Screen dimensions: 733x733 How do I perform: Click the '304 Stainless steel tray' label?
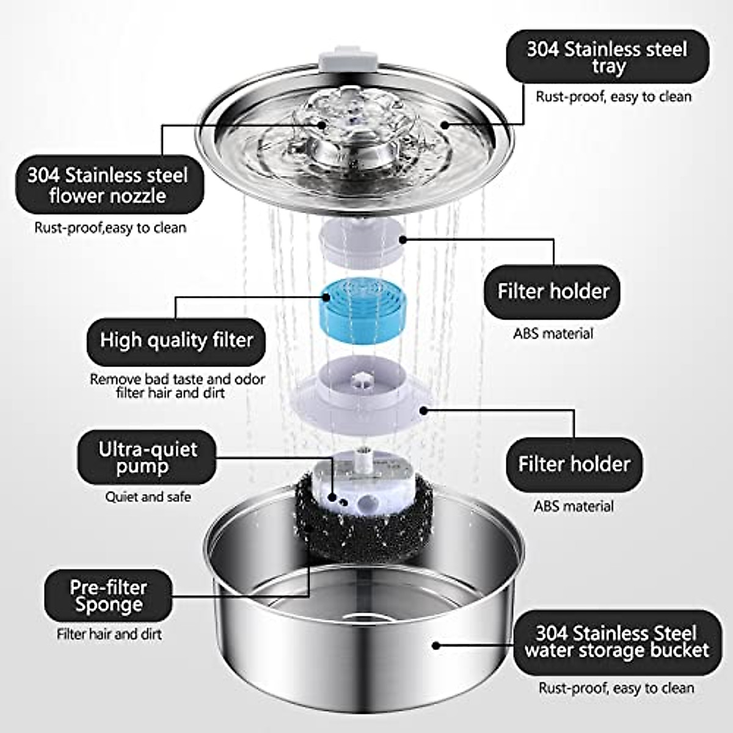coord(607,57)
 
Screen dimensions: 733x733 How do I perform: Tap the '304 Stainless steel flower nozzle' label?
coord(108,186)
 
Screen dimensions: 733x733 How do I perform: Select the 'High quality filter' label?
coord(176,340)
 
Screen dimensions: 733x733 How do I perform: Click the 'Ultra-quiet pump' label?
coord(147,458)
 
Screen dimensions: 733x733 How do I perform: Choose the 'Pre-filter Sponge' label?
coord(108,596)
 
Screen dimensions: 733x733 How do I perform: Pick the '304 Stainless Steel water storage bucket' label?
coord(617,642)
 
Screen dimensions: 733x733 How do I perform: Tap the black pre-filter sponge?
coord(318,525)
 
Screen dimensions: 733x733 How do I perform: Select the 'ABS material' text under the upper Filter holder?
coord(553,334)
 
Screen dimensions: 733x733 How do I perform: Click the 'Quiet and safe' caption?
coord(148,497)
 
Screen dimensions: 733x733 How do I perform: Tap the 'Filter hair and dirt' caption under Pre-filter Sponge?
coord(109,634)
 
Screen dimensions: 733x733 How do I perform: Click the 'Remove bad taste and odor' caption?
coord(177,379)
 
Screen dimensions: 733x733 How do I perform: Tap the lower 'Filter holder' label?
coord(574,464)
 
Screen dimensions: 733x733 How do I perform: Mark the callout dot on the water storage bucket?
coord(435,644)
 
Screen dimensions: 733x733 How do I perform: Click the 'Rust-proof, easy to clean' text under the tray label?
coord(613,97)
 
